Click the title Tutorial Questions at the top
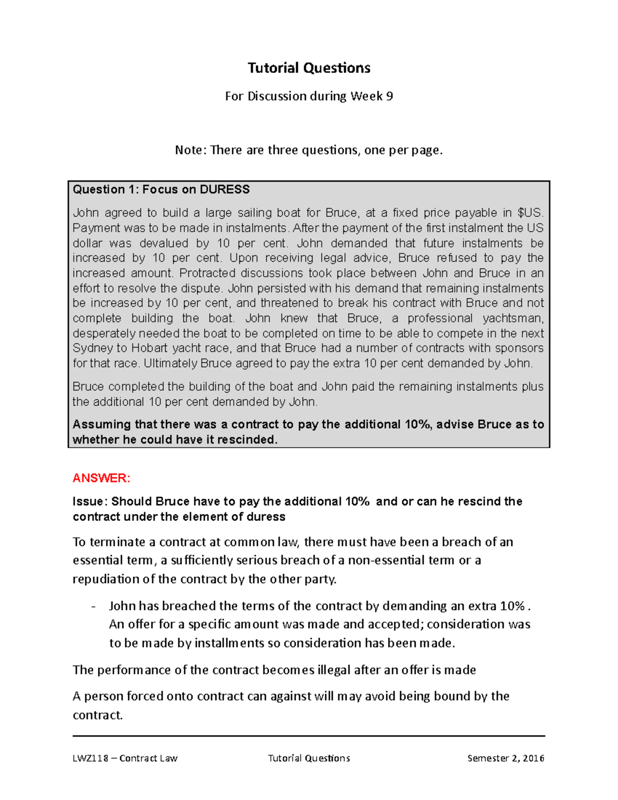308,68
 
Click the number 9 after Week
389,96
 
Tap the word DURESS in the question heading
225,190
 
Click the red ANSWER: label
101,478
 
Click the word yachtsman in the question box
512,318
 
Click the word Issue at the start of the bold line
89,502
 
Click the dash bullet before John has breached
93,606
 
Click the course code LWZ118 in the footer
91,758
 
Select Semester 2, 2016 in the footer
506,758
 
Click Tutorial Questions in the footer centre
309,758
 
